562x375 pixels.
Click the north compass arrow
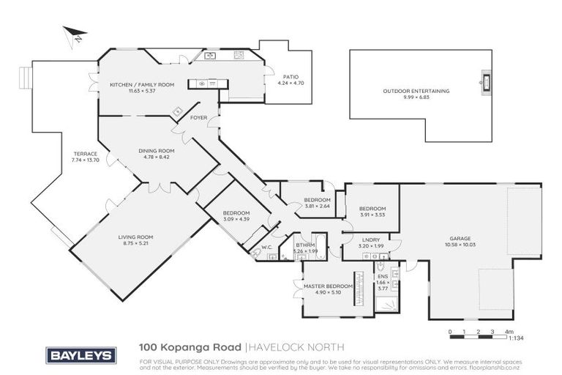[x=72, y=34]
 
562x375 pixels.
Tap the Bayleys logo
[x=81, y=354]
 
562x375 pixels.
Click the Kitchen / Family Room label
[x=142, y=85]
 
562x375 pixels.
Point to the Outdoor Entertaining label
[x=416, y=91]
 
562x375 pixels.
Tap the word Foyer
[x=198, y=117]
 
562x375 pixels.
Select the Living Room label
[x=135, y=237]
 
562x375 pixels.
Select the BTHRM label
[x=305, y=245]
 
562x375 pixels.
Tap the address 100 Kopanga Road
[x=190, y=346]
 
